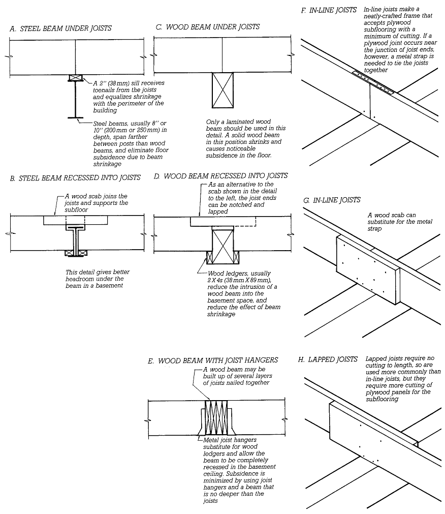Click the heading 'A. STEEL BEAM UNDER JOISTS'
point(60,28)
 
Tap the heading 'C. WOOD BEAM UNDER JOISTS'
point(208,27)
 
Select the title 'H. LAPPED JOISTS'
point(328,359)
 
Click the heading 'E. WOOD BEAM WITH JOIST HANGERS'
point(213,360)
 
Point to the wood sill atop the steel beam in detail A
point(75,78)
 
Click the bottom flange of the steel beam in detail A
point(75,117)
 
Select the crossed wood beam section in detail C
point(222,90)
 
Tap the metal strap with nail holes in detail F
point(373,82)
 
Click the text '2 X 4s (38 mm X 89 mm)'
point(239,280)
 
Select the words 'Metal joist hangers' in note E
point(230,440)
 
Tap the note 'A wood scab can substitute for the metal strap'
point(400,222)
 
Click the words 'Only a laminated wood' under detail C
point(238,122)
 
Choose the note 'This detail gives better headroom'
point(98,276)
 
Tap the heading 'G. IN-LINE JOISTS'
point(332,200)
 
